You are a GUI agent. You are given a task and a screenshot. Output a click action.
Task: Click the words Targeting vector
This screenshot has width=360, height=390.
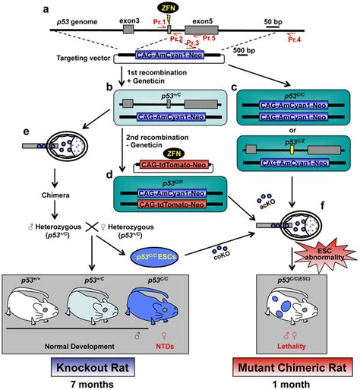click(84, 58)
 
